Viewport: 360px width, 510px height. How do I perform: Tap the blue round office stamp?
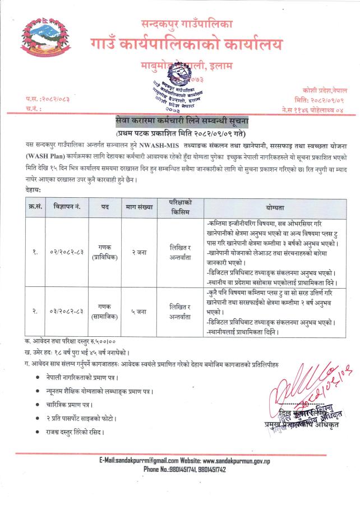tap(181, 88)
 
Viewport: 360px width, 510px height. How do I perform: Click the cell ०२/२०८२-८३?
tap(68, 252)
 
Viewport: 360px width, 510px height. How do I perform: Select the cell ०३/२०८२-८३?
tap(68, 312)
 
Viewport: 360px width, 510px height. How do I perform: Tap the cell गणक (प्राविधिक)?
tap(105, 252)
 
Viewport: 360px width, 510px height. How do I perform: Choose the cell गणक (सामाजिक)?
tap(105, 312)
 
